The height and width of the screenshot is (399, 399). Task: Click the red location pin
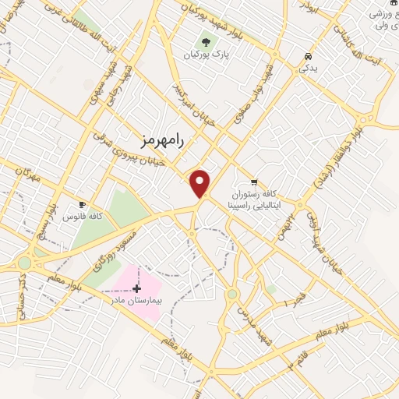click(x=200, y=183)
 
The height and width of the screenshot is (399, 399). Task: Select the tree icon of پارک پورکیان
click(x=206, y=41)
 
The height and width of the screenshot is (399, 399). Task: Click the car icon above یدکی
click(x=309, y=56)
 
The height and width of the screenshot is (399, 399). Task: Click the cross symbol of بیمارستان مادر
click(x=137, y=288)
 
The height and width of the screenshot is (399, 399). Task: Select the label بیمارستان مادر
click(x=137, y=300)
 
